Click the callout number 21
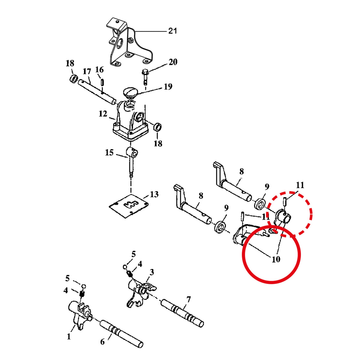coord(172,31)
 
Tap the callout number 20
coord(173,62)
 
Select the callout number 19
coord(168,86)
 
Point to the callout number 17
coord(87,72)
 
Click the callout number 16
coord(99,70)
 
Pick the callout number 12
coord(103,114)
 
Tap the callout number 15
coord(109,152)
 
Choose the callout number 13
coord(154,194)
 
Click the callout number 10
coord(276,259)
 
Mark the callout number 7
coord(188,300)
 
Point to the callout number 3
coord(152,272)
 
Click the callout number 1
coord(69,337)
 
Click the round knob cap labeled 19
coord(130,93)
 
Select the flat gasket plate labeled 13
coord(128,206)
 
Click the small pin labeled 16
coord(102,82)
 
